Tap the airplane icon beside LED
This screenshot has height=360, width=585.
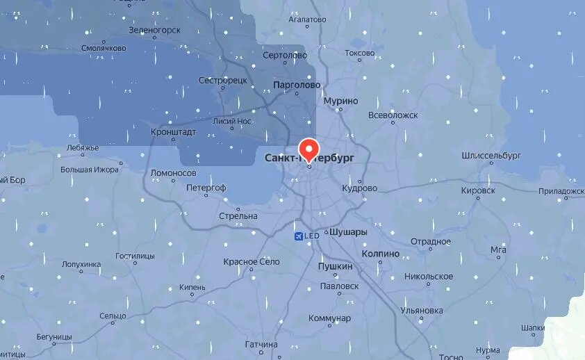coord(299,236)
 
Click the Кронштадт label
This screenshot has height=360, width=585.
coord(174,131)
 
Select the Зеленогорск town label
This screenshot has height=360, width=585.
coord(154,30)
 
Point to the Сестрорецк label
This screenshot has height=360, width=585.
coord(223,81)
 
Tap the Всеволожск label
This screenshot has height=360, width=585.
coord(393,115)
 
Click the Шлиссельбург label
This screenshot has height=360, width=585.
coord(491,156)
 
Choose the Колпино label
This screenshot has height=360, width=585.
coord(381,254)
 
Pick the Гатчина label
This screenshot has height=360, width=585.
coord(261,345)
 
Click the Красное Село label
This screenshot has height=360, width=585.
coord(252,262)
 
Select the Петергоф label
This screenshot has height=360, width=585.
coord(206,188)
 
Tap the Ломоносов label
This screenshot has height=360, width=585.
coord(174,173)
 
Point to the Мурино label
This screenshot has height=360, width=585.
coord(341,101)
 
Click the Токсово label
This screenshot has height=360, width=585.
coord(359,53)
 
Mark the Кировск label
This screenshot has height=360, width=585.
coord(478,190)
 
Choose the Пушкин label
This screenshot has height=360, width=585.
coord(335,266)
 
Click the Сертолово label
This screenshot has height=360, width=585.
coord(285,55)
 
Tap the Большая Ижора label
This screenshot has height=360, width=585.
coord(90,169)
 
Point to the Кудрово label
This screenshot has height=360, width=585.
coord(359,188)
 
